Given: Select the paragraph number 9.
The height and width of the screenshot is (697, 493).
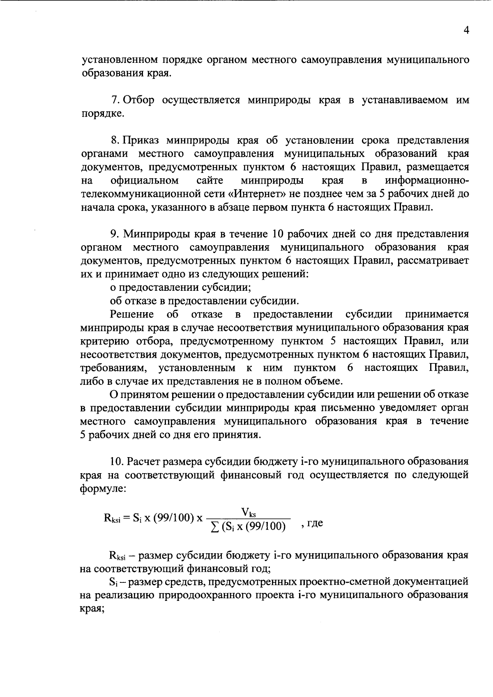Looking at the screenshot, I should coord(114,234).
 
